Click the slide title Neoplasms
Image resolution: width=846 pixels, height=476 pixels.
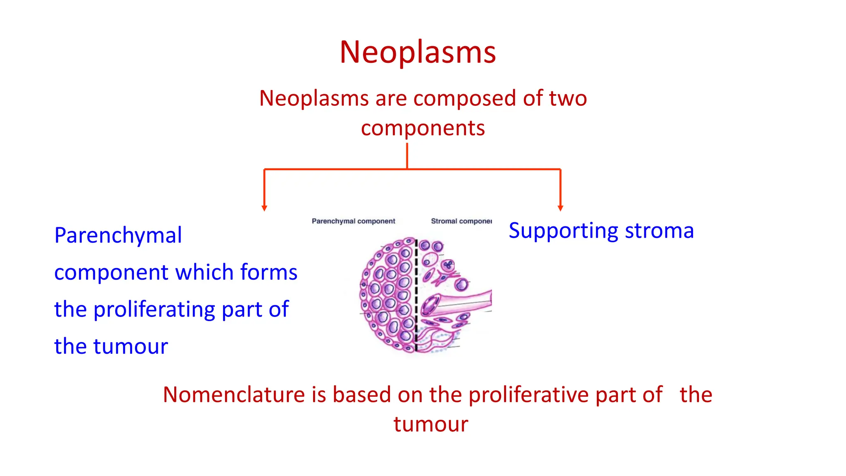[x=418, y=52]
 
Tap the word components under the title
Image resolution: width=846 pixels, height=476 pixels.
[x=423, y=128]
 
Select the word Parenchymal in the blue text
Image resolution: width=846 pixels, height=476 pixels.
[x=118, y=236]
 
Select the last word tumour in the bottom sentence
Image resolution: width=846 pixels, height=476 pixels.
[x=430, y=424]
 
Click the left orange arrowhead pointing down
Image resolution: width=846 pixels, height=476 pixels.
[x=264, y=208]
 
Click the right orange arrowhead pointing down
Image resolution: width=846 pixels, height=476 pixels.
[x=560, y=208]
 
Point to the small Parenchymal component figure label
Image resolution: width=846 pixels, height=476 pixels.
[x=353, y=221]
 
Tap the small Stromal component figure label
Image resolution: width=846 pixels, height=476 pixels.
[x=461, y=221]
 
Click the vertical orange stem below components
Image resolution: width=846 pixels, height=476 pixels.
[x=407, y=156]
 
